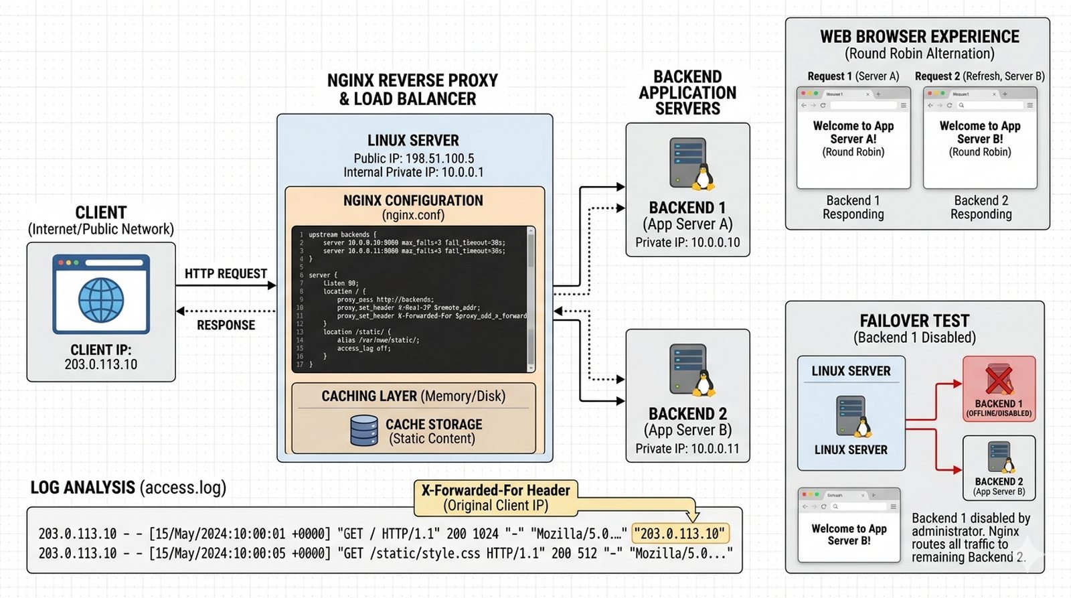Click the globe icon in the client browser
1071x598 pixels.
101,301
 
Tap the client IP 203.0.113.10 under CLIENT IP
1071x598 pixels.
101,365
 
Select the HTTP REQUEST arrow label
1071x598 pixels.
226,274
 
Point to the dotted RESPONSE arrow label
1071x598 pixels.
226,325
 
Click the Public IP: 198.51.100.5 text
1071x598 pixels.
414,159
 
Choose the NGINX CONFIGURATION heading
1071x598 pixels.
413,201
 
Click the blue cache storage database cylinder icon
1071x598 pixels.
364,431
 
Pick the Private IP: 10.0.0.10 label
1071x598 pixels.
687,242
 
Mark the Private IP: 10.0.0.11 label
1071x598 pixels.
687,449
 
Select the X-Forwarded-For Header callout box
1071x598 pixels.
495,498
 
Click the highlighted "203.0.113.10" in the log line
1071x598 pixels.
680,534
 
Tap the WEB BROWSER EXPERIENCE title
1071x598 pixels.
920,37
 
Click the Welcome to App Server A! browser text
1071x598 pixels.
853,133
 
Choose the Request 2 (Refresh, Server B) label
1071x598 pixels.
979,76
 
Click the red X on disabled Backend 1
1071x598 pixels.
999,380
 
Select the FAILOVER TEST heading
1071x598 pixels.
914,321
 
